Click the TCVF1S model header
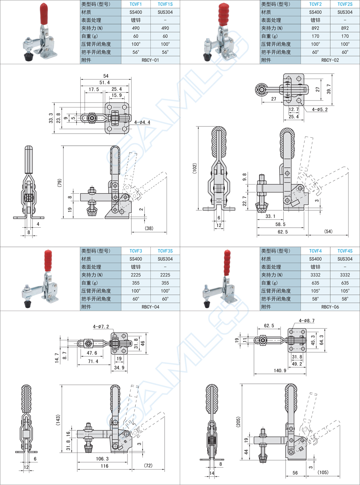(165, 4)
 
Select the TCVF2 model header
(315, 4)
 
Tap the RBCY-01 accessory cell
(150, 60)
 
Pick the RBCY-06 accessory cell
(330, 307)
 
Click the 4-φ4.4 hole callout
(142, 122)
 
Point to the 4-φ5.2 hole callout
(320, 109)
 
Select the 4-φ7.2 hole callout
(101, 326)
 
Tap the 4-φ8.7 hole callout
(307, 321)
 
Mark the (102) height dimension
(195, 168)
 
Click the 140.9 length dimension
(280, 370)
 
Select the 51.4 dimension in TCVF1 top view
(104, 83)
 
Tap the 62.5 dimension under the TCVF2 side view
(282, 232)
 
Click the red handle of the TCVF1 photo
(44, 13)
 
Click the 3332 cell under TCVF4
(315, 275)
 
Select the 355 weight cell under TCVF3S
(165, 283)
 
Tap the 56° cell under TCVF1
(136, 52)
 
